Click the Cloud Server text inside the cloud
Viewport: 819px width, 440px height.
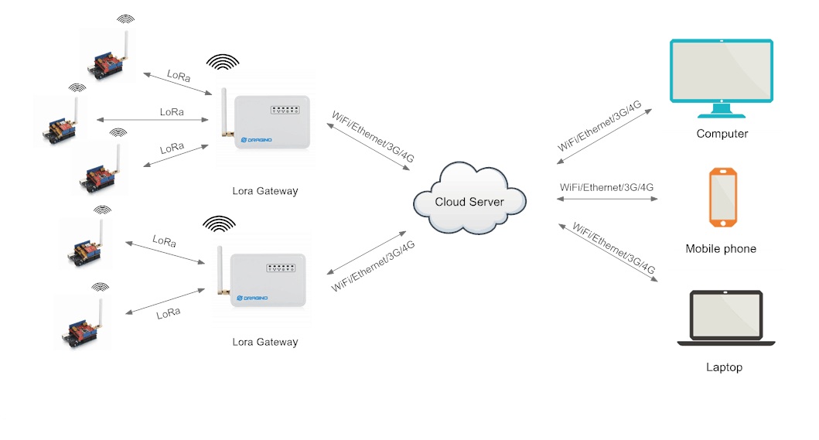[x=469, y=202]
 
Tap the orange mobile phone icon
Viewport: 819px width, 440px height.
[x=723, y=198]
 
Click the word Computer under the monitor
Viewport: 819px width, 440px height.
[x=722, y=134]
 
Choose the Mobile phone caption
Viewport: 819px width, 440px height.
[x=721, y=249]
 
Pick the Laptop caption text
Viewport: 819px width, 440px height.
[x=724, y=367]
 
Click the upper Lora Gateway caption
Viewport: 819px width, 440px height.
[x=264, y=191]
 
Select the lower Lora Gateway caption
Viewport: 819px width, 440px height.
[x=264, y=342]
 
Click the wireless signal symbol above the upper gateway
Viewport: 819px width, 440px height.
[x=223, y=63]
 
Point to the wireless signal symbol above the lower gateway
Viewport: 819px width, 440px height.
[x=219, y=223]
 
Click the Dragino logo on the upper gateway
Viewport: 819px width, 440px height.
[x=255, y=139]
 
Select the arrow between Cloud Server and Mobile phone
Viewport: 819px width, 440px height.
[x=606, y=200]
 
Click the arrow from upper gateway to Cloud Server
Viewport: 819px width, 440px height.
[x=368, y=148]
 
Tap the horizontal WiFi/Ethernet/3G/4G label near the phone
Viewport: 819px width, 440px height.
[x=606, y=187]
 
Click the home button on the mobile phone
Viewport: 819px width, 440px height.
[x=723, y=223]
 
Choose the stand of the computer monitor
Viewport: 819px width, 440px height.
[x=721, y=111]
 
